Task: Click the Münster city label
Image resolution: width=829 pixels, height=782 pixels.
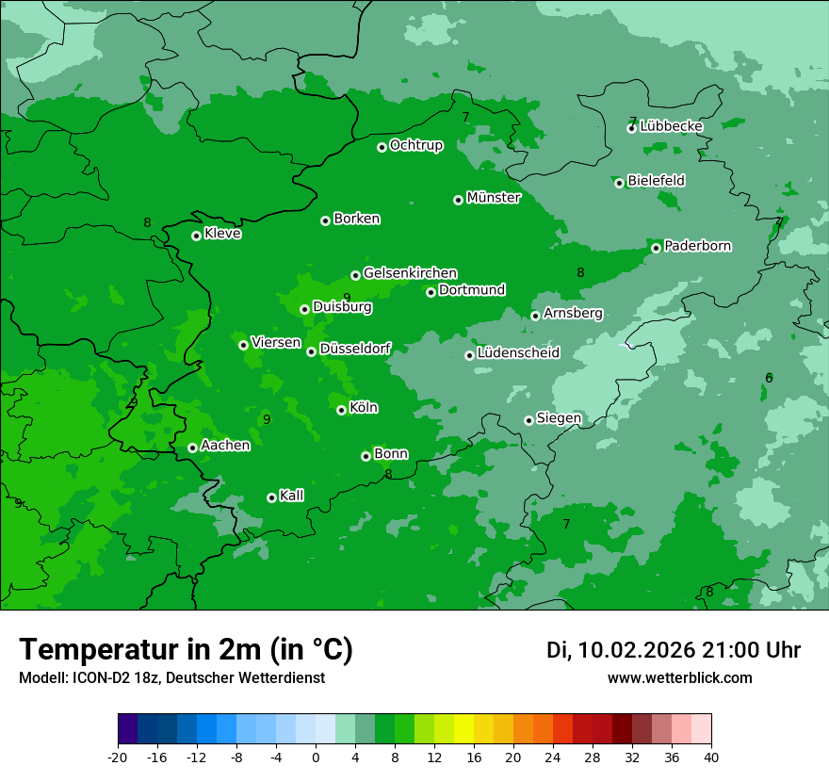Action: [493, 198]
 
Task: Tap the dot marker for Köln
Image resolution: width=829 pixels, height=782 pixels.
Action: [341, 410]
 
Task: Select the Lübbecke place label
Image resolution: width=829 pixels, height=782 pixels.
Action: [671, 126]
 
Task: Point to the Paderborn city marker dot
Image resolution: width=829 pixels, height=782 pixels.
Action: [656, 248]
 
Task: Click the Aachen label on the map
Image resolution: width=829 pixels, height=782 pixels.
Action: [225, 446]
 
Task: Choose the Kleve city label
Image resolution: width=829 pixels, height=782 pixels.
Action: [222, 234]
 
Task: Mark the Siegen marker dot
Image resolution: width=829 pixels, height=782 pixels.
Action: [528, 420]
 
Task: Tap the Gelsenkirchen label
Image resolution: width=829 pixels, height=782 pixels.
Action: [410, 273]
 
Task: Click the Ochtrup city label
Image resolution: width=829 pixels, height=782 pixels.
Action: [415, 145]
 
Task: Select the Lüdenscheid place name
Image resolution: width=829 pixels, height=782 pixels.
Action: [518, 353]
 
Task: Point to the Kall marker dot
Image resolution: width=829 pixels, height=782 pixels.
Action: [271, 497]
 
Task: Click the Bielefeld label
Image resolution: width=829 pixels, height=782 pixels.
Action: [656, 181]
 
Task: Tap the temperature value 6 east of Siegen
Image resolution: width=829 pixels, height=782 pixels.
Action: [769, 378]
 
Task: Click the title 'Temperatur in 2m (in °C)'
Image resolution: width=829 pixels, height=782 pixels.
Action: [186, 649]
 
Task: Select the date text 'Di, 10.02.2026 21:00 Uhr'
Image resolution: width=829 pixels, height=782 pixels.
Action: [674, 650]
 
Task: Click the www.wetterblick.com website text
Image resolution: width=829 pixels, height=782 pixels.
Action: [679, 678]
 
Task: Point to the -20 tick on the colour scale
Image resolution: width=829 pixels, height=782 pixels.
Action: [118, 758]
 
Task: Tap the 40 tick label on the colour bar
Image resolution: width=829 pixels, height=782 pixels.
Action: [711, 758]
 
